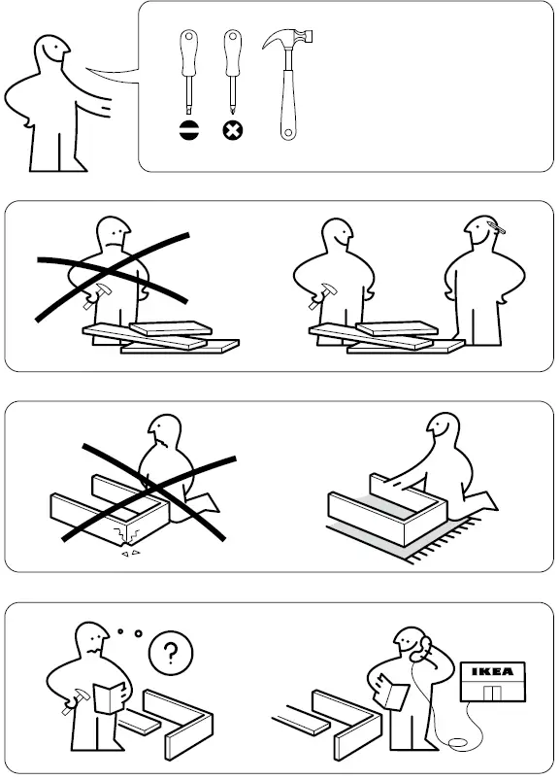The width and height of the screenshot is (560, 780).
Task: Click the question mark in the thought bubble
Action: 172,653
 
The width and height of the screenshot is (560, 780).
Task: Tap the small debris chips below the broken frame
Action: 128,557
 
